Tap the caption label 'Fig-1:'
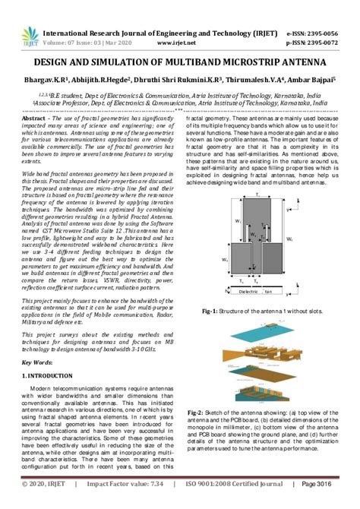[210, 311]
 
